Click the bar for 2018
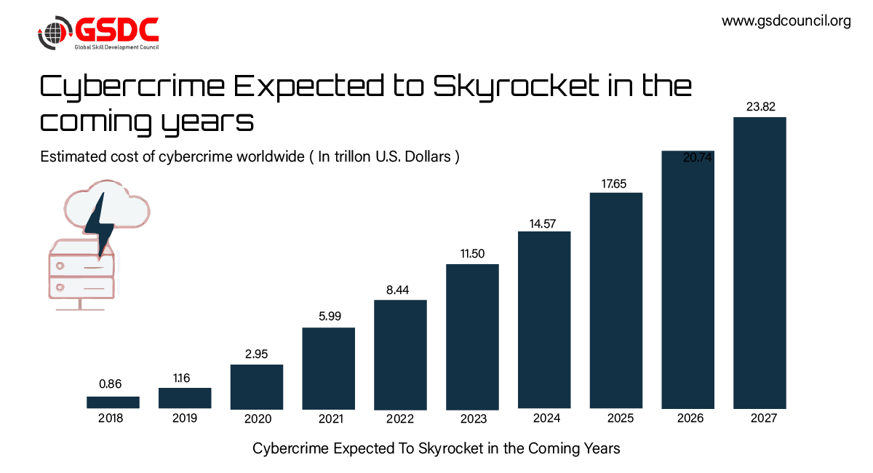tap(113, 402)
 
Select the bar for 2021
tap(328, 367)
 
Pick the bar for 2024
tap(544, 319)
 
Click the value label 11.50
tap(472, 254)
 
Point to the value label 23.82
tap(760, 107)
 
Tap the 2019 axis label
tap(184, 418)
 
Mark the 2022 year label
tap(400, 419)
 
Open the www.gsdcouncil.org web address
tap(786, 21)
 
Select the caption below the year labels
tap(436, 448)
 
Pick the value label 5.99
tap(328, 317)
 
